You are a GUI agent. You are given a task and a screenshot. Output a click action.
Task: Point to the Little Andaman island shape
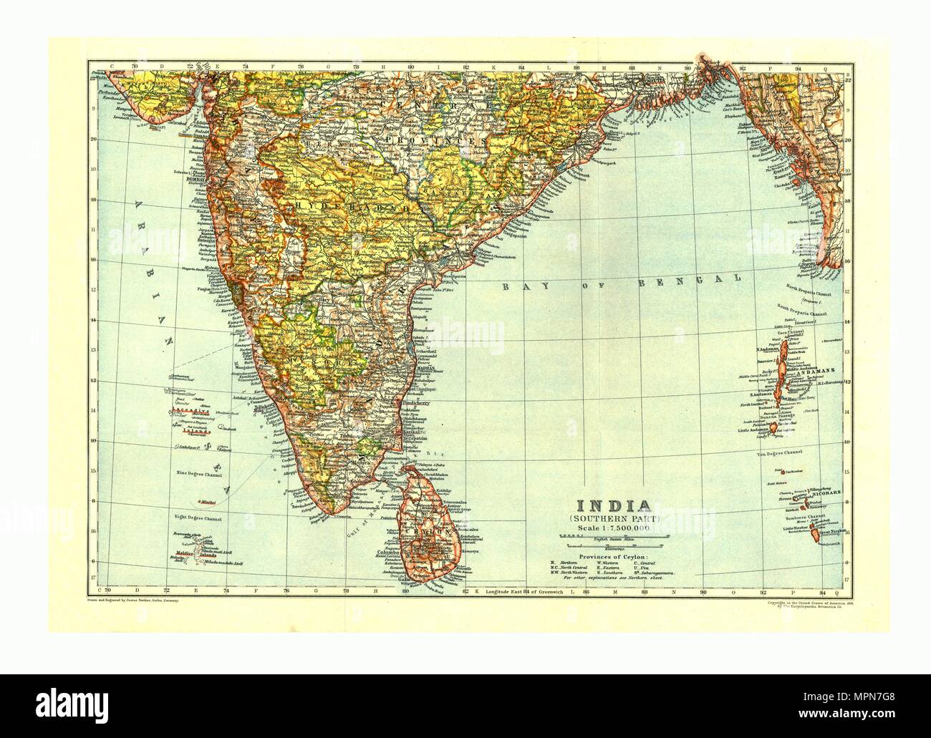[771, 426]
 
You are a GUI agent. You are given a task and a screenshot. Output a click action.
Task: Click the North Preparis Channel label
[816, 288]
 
